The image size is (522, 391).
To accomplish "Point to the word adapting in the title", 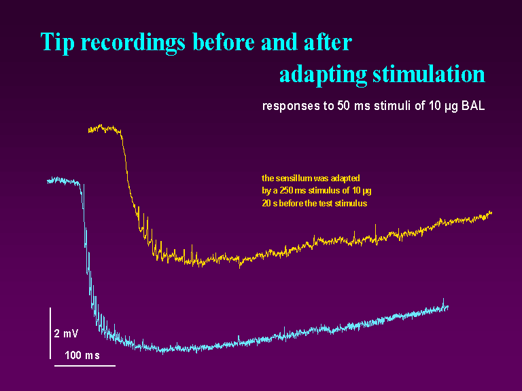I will (x=322, y=74).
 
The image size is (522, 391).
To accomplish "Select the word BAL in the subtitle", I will (x=473, y=107).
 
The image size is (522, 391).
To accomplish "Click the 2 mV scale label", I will (x=66, y=333).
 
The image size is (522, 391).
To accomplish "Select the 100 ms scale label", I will (x=82, y=355).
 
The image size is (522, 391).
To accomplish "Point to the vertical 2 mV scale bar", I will (x=50, y=333).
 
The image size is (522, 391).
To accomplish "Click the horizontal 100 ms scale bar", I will (x=84, y=365).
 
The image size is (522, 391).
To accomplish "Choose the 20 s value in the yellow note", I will (x=271, y=203).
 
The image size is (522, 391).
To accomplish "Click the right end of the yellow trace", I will (x=490, y=212).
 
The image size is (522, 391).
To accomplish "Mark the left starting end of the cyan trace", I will (x=48, y=181).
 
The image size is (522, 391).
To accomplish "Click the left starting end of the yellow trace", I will (x=89, y=128).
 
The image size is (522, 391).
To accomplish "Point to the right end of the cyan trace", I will (x=448, y=307).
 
